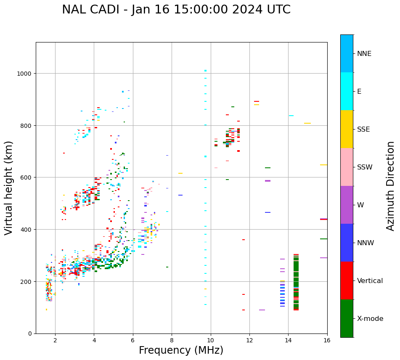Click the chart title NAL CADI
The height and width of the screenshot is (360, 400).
point(176,10)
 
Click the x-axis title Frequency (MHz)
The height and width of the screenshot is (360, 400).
point(181,350)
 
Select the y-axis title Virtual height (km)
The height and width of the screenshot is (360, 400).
point(9,188)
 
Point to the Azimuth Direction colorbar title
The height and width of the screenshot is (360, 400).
point(391,186)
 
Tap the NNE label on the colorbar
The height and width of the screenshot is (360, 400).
point(364,53)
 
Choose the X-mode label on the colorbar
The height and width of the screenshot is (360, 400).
point(370,319)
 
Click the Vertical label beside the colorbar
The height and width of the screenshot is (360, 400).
point(370,281)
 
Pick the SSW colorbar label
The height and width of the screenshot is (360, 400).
point(365,167)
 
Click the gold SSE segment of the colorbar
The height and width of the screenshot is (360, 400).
point(347,129)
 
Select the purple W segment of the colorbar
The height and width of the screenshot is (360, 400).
point(347,205)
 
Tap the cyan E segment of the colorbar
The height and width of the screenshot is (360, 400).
point(347,91)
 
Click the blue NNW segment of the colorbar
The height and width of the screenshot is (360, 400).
point(347,243)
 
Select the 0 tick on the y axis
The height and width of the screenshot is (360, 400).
point(30,334)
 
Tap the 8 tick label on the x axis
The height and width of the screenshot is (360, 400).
point(172,340)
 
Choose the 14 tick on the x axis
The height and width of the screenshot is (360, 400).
point(288,340)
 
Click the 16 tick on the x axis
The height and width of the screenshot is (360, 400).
point(327,340)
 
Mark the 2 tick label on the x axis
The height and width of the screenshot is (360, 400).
point(55,340)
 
